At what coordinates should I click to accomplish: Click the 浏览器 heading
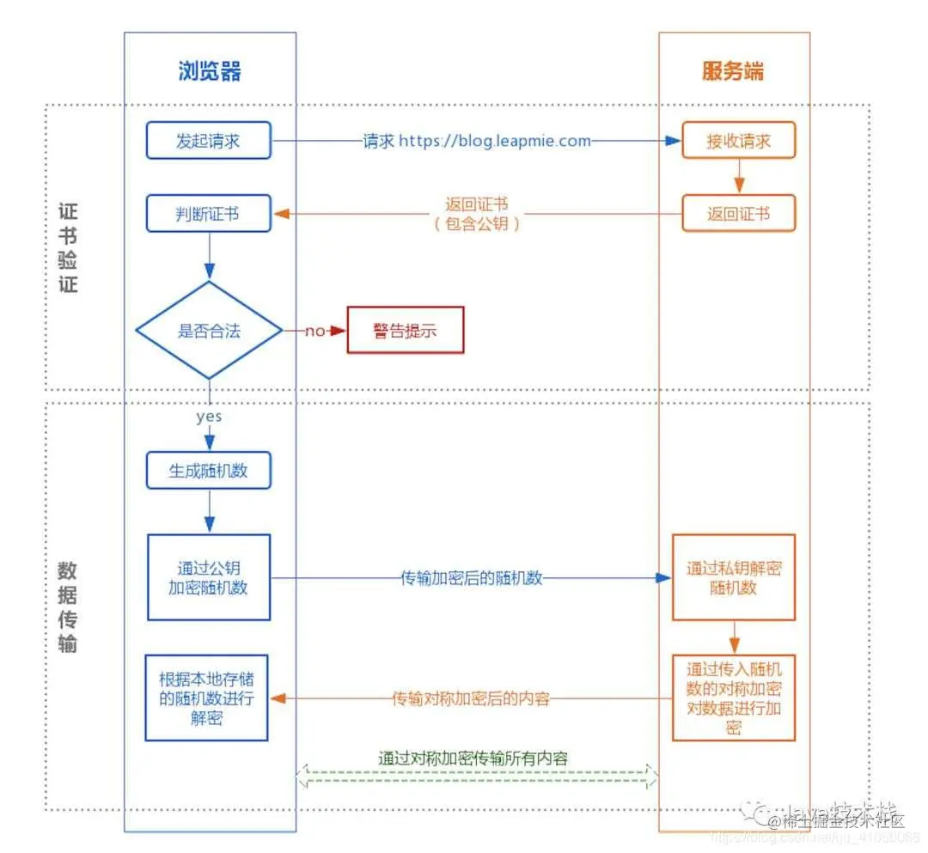pos(210,71)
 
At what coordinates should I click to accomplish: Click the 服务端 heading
pos(732,71)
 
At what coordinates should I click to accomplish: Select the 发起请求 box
pos(208,141)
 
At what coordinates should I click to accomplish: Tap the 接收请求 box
pos(738,141)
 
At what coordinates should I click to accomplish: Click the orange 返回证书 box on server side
pos(738,214)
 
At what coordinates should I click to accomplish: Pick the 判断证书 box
pos(208,214)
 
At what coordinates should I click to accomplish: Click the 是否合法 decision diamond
pos(209,331)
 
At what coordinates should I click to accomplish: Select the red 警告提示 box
pos(405,331)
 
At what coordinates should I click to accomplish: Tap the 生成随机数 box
pos(209,471)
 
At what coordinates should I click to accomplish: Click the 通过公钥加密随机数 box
pos(209,577)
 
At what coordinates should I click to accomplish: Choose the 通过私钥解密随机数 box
pos(734,577)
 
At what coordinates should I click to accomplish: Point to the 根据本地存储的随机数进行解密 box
pos(207,698)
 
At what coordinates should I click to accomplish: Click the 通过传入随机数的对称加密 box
pos(734,698)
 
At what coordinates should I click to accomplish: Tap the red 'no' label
pos(314,331)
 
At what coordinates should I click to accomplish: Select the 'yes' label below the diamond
pos(209,416)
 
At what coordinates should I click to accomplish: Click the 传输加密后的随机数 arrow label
pos(472,578)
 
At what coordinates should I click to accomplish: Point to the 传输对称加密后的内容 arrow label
pos(471,698)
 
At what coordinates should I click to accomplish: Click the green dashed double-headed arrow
pos(477,778)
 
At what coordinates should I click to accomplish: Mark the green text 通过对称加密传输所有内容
pos(473,758)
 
